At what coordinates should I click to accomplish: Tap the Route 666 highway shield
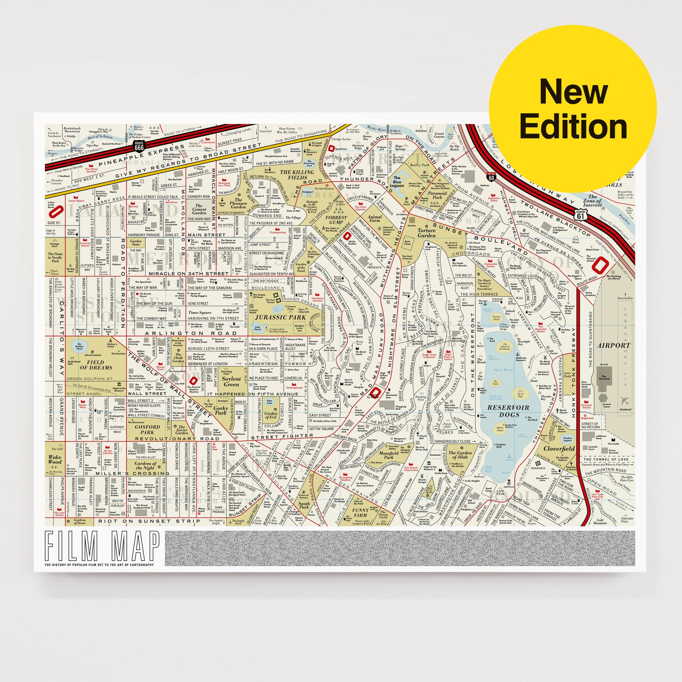[139, 146]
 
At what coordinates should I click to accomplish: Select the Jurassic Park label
[280, 317]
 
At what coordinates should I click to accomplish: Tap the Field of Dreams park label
[96, 365]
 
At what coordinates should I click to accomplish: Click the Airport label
[613, 346]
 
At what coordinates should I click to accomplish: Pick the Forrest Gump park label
[336, 220]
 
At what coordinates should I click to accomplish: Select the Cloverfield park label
[559, 449]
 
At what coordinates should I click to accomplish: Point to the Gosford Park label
[147, 430]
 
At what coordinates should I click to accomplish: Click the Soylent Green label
[231, 382]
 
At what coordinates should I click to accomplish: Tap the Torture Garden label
[427, 233]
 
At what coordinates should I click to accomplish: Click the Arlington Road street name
[184, 333]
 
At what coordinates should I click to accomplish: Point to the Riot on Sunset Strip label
[149, 521]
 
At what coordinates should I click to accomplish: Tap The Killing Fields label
[296, 175]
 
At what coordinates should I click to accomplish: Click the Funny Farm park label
[360, 512]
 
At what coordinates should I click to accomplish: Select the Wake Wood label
[55, 459]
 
